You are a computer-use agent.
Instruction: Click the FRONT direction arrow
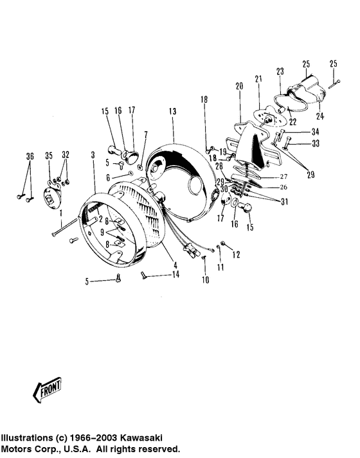[46, 389]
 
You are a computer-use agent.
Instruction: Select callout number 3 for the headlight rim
[93, 156]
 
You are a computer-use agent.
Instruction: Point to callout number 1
[60, 213]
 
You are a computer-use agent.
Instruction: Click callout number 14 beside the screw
[175, 275]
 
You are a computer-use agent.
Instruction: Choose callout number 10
[205, 279]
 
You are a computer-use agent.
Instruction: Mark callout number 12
[235, 255]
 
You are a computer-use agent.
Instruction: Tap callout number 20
[239, 86]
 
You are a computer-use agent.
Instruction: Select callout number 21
[258, 79]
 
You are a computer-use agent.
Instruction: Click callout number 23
[280, 71]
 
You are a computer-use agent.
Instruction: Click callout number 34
[314, 132]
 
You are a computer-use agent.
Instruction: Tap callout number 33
[314, 144]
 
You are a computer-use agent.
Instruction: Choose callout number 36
[29, 156]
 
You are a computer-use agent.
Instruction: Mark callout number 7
[146, 134]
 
